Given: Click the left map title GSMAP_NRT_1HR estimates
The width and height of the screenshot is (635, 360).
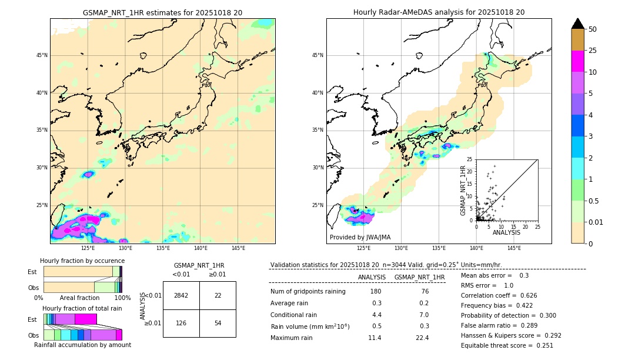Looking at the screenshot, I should coord(162,12).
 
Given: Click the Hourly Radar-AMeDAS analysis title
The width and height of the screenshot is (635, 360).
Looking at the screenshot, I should coord(439,12).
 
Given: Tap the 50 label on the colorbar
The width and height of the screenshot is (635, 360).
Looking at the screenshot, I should coord(593,29).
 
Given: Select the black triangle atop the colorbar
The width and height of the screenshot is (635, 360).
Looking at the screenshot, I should coord(578,24).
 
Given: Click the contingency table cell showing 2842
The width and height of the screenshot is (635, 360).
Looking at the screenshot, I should coord(181,295).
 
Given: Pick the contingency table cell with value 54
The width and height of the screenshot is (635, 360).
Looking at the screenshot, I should coord(218,324).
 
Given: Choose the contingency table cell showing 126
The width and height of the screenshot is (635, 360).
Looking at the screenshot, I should coord(181,324).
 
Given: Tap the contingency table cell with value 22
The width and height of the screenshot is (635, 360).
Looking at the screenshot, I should coord(218,295).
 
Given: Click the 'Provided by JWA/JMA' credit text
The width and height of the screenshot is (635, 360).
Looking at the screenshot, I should coord(360,237).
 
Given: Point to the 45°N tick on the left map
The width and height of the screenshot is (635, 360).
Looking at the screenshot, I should coord(42,55).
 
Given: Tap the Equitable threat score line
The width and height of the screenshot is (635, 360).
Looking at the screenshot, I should coord(507,345).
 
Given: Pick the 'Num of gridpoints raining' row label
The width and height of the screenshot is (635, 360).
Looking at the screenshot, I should coord(308,292).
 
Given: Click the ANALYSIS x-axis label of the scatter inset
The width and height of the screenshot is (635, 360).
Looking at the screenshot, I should coord(506,232).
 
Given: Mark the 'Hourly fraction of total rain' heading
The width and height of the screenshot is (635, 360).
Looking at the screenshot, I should coord(82,308).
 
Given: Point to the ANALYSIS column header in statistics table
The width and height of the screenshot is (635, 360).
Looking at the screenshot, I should coord(372,277).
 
